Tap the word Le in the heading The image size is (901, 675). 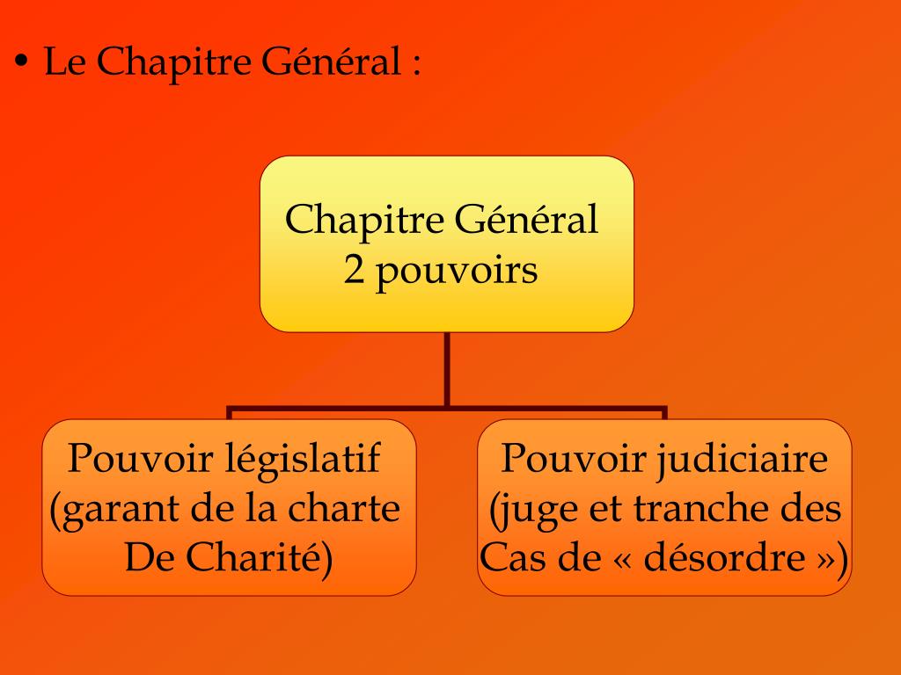pos(62,63)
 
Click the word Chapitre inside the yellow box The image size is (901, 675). pos(363,220)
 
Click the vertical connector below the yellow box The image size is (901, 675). pos(447,369)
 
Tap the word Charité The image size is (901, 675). pos(271,559)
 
